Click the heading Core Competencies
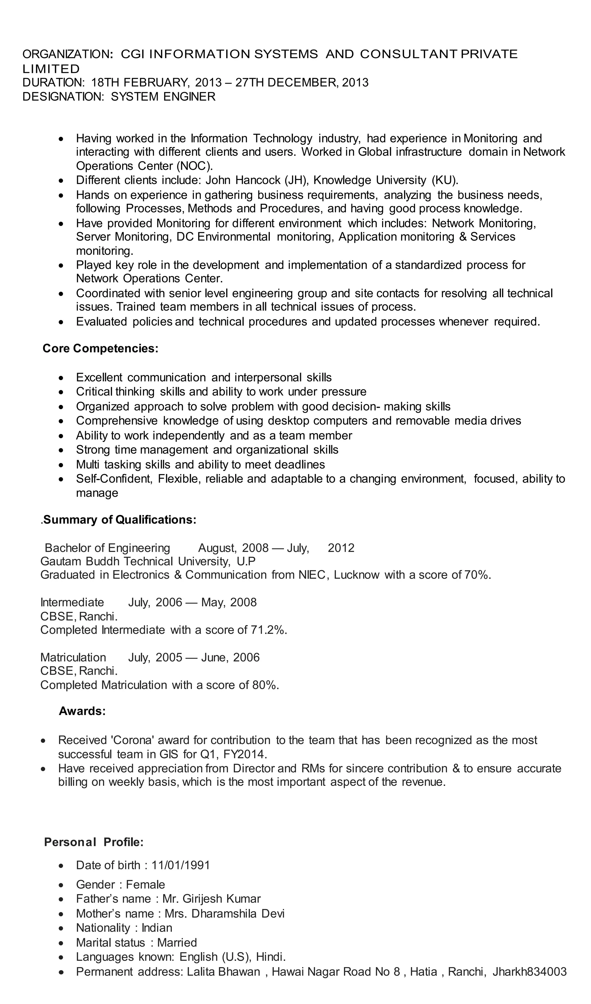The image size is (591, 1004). point(100,349)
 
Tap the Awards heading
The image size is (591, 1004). point(82,711)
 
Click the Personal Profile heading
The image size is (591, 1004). point(94,842)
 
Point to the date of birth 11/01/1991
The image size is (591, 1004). point(181,865)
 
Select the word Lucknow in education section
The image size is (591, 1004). point(356,575)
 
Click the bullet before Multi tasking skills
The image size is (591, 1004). point(61,464)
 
